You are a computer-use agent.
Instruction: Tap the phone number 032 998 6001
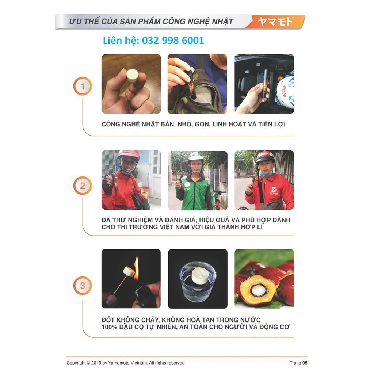coord(173,41)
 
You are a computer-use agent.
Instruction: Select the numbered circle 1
coord(83,86)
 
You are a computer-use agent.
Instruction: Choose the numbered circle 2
coord(83,186)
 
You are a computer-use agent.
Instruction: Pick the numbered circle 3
coord(83,286)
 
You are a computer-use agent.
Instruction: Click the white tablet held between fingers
coord(132,75)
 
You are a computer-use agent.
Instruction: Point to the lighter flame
coord(136,268)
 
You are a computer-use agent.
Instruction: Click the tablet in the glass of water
coord(198,276)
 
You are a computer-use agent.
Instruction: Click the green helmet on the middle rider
coord(195,157)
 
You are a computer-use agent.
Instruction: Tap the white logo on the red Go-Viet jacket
coord(274,191)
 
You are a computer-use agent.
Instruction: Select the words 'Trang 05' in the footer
coord(298,363)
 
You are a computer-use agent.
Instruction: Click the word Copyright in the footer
coord(76,363)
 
